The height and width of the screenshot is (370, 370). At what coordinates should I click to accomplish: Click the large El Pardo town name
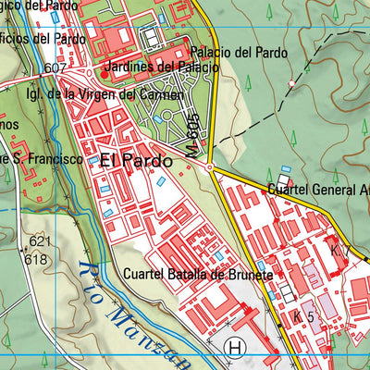(x=136, y=159)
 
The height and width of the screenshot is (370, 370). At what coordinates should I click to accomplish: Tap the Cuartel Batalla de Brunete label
(x=197, y=276)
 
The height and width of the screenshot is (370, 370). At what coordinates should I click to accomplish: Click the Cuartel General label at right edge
(x=316, y=190)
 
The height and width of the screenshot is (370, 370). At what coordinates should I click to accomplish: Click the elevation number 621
(x=39, y=240)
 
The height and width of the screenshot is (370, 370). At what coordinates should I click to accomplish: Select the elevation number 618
(x=36, y=259)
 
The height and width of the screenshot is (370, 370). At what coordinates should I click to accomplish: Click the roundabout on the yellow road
(x=211, y=168)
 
